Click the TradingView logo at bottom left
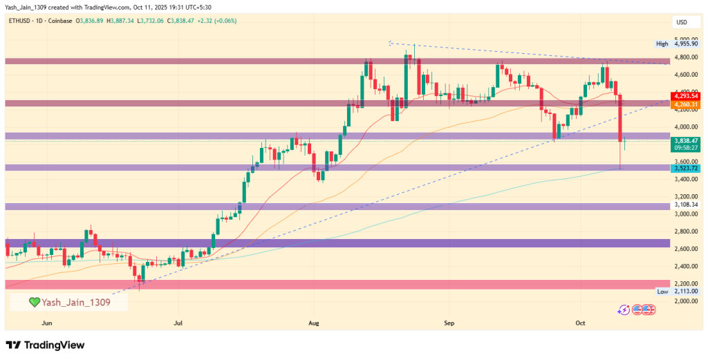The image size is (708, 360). click(45, 345)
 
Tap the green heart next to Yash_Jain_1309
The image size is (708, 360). click(33, 302)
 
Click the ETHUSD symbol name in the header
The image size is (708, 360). click(20, 21)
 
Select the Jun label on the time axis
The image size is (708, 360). click(47, 322)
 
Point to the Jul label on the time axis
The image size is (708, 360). click(178, 322)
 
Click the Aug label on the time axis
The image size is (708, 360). click(315, 322)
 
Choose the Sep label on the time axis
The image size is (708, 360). click(450, 322)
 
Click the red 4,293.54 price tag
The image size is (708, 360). click(685, 97)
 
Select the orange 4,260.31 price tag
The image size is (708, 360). click(685, 104)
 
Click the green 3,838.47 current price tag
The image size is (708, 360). click(685, 140)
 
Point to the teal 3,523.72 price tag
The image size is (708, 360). click(685, 169)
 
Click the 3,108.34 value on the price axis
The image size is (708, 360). click(685, 206)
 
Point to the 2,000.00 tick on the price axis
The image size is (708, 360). click(685, 301)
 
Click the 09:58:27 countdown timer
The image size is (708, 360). click(685, 148)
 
